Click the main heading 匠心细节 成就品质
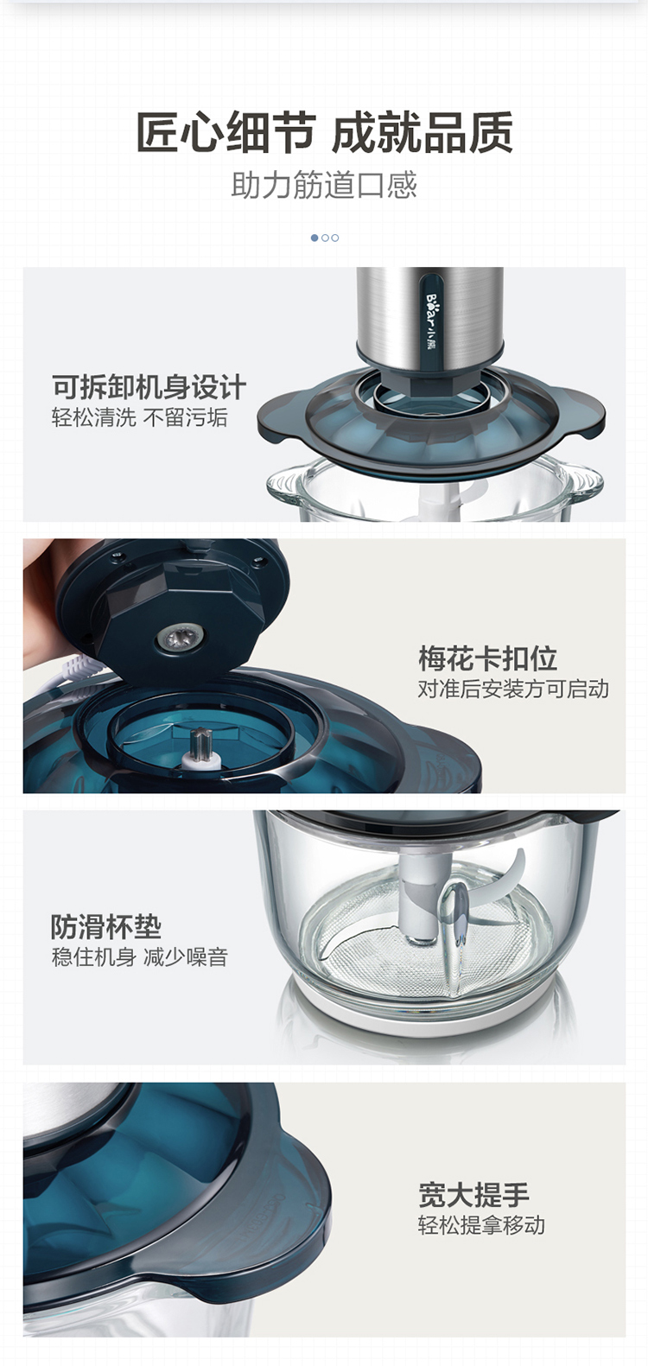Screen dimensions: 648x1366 pyautogui.click(x=324, y=132)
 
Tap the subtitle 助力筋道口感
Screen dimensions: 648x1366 pyautogui.click(x=324, y=185)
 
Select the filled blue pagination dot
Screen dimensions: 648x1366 pyautogui.click(x=314, y=238)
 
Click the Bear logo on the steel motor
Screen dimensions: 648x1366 pyautogui.click(x=431, y=314)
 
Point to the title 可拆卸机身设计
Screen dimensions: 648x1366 pyautogui.click(x=149, y=387)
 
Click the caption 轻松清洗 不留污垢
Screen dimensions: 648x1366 pyautogui.click(x=140, y=418)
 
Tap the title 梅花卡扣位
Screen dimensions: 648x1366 pyautogui.click(x=487, y=658)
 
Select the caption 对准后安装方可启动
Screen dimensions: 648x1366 pyautogui.click(x=513, y=689)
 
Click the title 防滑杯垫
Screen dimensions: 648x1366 pyautogui.click(x=106, y=927)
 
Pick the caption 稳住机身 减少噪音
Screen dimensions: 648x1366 pyautogui.click(x=140, y=957)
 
